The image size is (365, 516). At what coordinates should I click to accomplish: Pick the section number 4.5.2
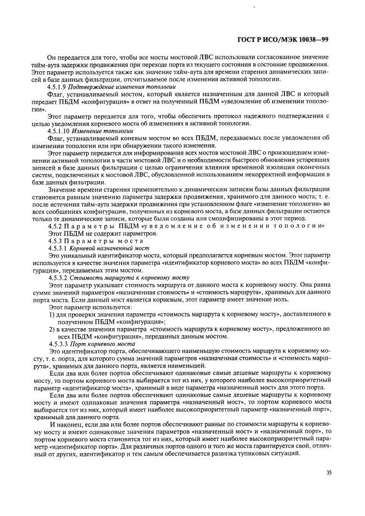57,227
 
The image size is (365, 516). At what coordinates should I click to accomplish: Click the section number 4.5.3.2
60,277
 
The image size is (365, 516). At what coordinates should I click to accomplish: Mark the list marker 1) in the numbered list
52,314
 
